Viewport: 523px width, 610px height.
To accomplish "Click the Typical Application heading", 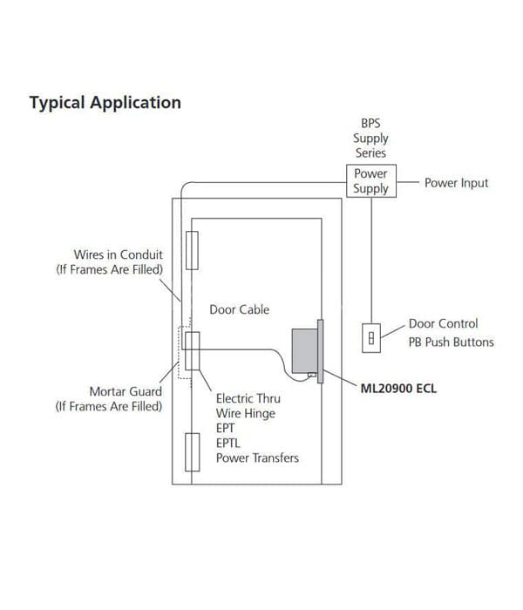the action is point(105,103).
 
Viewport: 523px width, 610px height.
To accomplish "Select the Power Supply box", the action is point(371,181).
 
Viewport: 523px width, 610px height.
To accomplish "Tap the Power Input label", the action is point(456,183).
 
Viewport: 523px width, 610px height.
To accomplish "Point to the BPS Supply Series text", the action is point(370,138).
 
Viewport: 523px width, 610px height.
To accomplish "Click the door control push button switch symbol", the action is point(371,338).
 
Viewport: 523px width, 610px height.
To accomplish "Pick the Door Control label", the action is point(443,323).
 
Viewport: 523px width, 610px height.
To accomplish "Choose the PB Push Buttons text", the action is point(451,342).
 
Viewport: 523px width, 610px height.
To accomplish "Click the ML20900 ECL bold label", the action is point(398,389).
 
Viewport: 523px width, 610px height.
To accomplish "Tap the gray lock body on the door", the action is point(305,351).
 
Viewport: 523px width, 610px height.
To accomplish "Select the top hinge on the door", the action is point(192,251).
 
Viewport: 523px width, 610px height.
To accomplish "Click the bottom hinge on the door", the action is point(193,452).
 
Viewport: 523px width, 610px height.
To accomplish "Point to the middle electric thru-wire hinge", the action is point(193,351).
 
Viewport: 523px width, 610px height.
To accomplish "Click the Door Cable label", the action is point(240,309).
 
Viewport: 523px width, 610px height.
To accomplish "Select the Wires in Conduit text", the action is point(119,254).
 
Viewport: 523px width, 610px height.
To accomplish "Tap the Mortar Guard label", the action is point(126,392).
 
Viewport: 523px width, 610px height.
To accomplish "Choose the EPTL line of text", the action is point(228,443).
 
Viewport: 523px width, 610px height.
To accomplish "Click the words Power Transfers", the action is point(258,457).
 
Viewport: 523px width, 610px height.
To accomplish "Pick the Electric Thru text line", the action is point(248,399).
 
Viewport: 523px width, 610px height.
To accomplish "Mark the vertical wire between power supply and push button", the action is point(371,261).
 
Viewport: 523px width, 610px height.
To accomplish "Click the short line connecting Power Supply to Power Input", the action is point(408,181).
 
